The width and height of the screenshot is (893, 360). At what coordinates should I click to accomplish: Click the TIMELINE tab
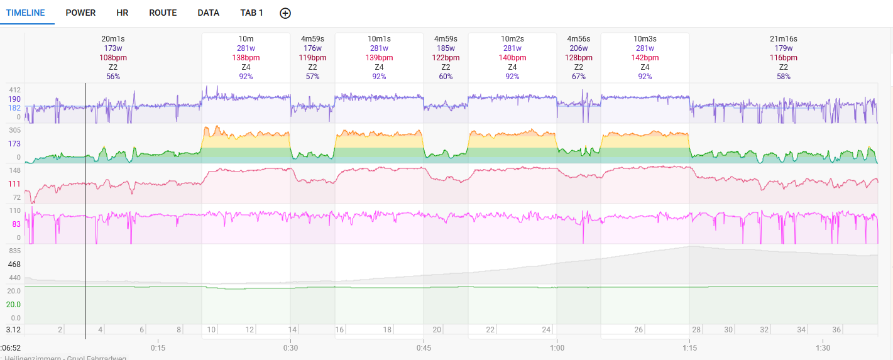(x=25, y=13)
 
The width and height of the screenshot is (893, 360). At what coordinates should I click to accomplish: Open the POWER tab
(x=80, y=13)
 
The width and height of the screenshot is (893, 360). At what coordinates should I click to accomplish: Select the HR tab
(x=123, y=13)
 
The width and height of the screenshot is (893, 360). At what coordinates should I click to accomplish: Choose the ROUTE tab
(x=163, y=13)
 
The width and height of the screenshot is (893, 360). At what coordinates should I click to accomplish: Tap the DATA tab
(x=208, y=13)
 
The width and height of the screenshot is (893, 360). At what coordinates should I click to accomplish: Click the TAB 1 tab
(x=251, y=13)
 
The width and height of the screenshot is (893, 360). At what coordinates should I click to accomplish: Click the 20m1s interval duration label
(x=113, y=39)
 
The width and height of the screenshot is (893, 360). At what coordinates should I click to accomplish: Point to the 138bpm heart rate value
(x=246, y=58)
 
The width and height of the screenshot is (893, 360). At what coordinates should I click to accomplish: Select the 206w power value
(x=579, y=48)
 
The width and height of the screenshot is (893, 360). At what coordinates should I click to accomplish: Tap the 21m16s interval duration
(x=783, y=39)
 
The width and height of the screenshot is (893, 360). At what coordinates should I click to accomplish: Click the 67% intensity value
(x=579, y=77)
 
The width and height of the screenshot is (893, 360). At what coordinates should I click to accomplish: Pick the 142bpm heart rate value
(x=645, y=58)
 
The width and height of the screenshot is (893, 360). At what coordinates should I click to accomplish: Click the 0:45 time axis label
(x=424, y=348)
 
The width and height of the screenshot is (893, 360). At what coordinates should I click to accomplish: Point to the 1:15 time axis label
(x=689, y=348)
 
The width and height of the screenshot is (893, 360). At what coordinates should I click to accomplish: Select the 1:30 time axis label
(x=823, y=348)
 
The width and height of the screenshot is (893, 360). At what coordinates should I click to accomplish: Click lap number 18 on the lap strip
(x=388, y=330)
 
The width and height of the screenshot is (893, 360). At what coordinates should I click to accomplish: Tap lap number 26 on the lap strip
(x=638, y=330)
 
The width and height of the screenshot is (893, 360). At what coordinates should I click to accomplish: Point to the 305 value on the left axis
(x=14, y=130)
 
